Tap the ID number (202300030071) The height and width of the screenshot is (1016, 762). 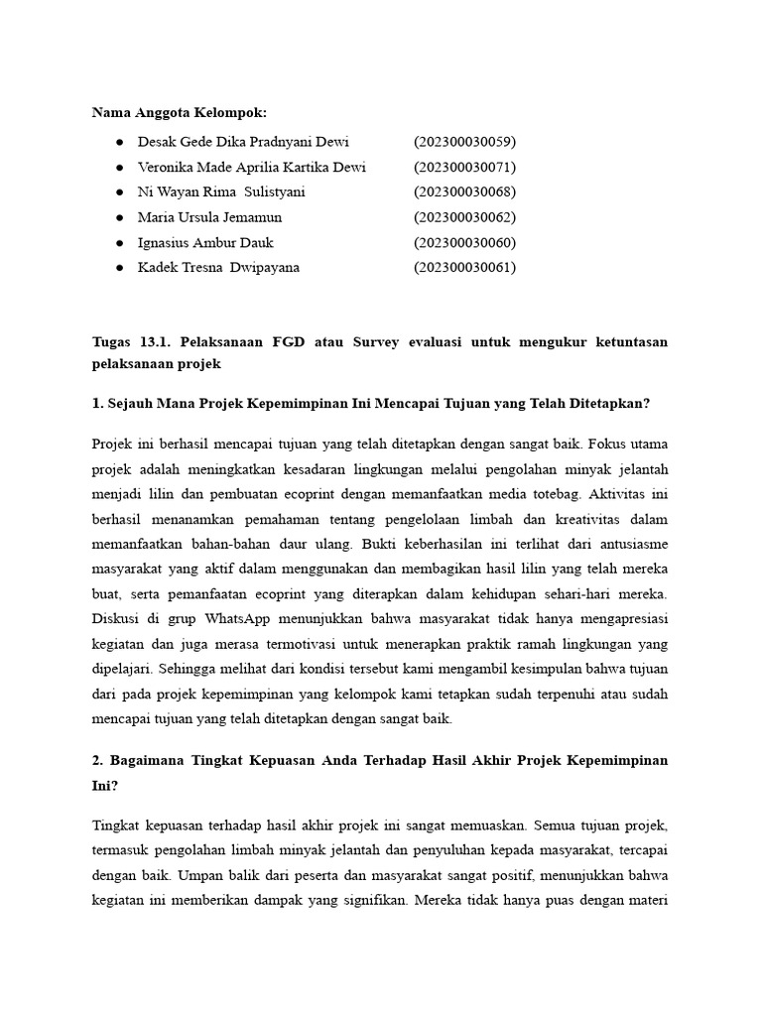(464, 167)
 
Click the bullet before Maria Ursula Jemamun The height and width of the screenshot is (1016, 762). (120, 217)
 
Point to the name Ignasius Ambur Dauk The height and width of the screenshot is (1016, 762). (206, 242)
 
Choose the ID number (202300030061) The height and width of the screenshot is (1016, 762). (464, 267)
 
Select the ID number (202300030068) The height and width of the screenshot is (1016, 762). (464, 191)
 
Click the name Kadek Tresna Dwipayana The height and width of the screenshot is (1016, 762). (218, 267)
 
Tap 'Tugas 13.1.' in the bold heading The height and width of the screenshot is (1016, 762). (129, 342)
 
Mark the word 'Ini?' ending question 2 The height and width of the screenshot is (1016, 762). (104, 785)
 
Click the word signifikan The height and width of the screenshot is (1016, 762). (369, 902)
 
